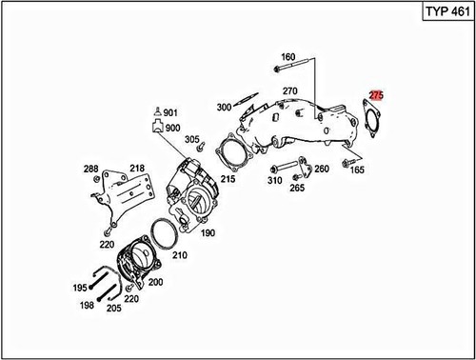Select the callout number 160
(288, 56)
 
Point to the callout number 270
(290, 90)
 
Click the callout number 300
(225, 107)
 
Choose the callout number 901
(171, 112)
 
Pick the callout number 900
(172, 128)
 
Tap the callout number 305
(192, 140)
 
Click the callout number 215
(228, 177)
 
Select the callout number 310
(274, 179)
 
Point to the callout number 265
(297, 188)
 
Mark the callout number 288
(90, 169)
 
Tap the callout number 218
(137, 169)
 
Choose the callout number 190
(207, 232)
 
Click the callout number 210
(180, 255)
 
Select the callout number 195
(80, 288)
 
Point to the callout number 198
(87, 307)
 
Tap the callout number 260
(321, 169)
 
